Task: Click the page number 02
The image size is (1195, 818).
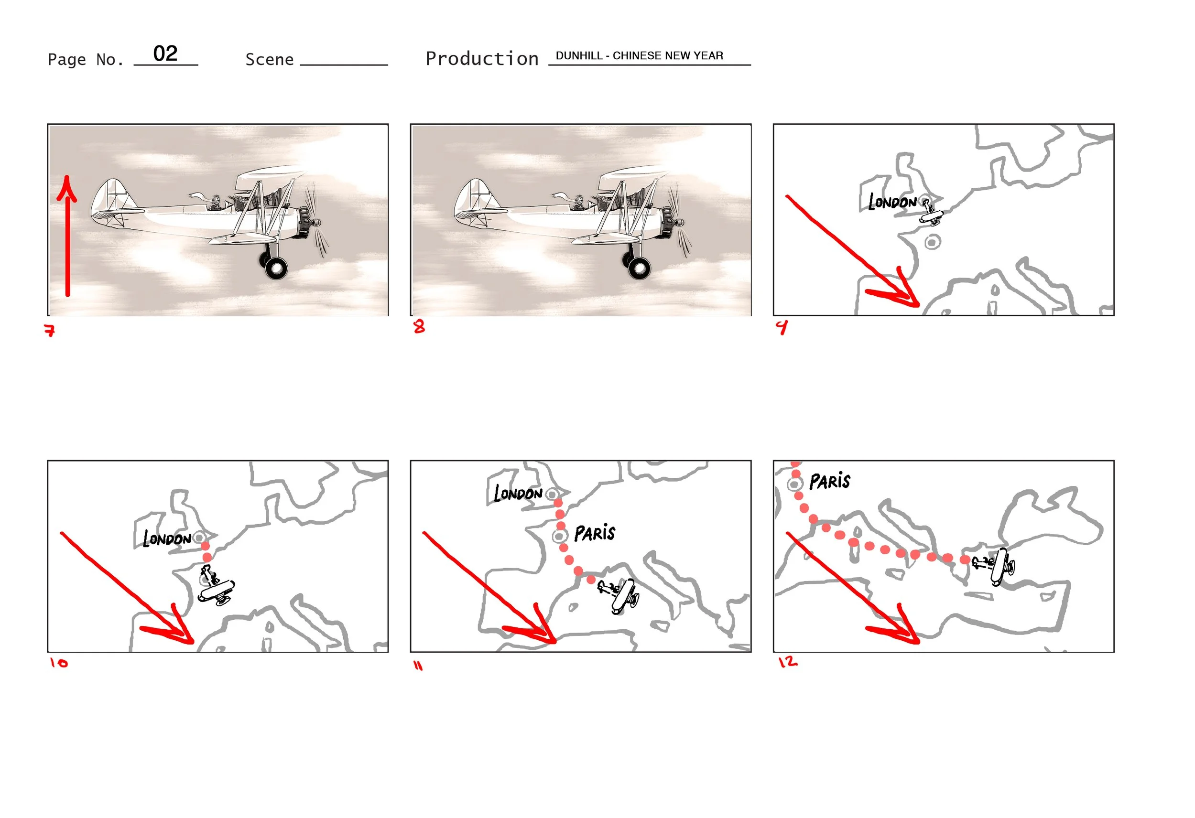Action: tap(165, 54)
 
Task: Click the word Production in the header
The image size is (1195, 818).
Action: tap(482, 59)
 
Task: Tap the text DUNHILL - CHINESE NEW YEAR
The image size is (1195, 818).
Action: tap(639, 55)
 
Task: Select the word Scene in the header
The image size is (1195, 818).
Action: tap(270, 60)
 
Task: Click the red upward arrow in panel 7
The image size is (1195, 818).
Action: tap(67, 237)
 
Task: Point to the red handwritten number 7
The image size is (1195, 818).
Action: tap(50, 330)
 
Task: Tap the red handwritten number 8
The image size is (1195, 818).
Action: tap(420, 326)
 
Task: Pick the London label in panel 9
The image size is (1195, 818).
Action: tap(892, 202)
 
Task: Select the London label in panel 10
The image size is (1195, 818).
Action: tap(167, 538)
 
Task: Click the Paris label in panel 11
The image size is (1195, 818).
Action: tap(595, 534)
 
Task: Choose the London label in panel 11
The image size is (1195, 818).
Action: tap(518, 494)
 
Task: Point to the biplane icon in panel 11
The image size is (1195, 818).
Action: tap(619, 595)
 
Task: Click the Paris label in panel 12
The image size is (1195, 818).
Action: tap(830, 482)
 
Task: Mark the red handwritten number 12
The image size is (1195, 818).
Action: tap(788, 662)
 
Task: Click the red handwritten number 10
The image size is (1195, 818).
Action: tap(59, 663)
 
